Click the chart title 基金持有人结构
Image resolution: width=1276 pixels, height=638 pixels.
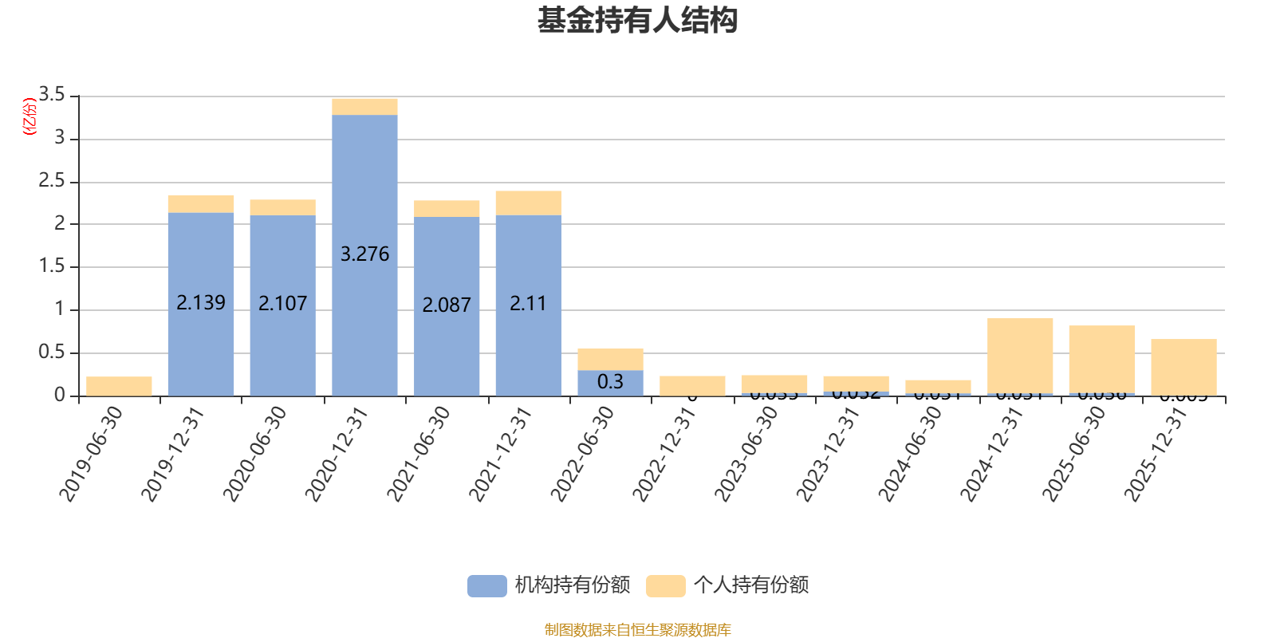pyautogui.click(x=637, y=21)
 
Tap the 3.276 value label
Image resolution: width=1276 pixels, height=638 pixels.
pyautogui.click(x=364, y=254)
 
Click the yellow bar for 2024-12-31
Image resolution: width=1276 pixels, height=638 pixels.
pyautogui.click(x=1020, y=355)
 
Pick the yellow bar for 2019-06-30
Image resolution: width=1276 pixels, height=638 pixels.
pyautogui.click(x=119, y=386)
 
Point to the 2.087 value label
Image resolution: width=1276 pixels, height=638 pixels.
pyautogui.click(x=447, y=305)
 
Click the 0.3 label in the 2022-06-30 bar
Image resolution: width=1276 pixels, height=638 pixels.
pyautogui.click(x=610, y=382)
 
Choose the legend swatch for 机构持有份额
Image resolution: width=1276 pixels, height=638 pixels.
pyautogui.click(x=486, y=586)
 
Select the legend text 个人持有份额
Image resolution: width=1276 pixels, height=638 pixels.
pyautogui.click(x=750, y=585)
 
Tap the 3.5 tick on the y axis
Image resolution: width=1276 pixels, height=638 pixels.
pyautogui.click(x=52, y=95)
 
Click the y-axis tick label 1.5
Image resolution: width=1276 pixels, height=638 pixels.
pyautogui.click(x=52, y=266)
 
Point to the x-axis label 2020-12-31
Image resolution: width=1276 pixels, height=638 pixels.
pyautogui.click(x=336, y=455)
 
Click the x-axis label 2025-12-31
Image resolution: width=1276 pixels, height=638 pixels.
pyautogui.click(x=1155, y=455)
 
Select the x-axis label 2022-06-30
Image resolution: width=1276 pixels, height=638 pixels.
pyautogui.click(x=582, y=455)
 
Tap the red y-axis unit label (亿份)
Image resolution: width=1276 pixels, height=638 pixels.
pyautogui.click(x=30, y=116)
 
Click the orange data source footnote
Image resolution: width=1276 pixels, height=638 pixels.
pyautogui.click(x=637, y=630)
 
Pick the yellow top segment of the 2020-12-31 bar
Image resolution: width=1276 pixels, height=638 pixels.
pyautogui.click(x=364, y=107)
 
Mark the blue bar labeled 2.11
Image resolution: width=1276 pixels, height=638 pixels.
pyautogui.click(x=528, y=263)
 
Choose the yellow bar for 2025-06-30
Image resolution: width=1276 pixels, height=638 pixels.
pyautogui.click(x=1101, y=359)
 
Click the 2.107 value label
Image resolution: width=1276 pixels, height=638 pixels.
pyautogui.click(x=282, y=304)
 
